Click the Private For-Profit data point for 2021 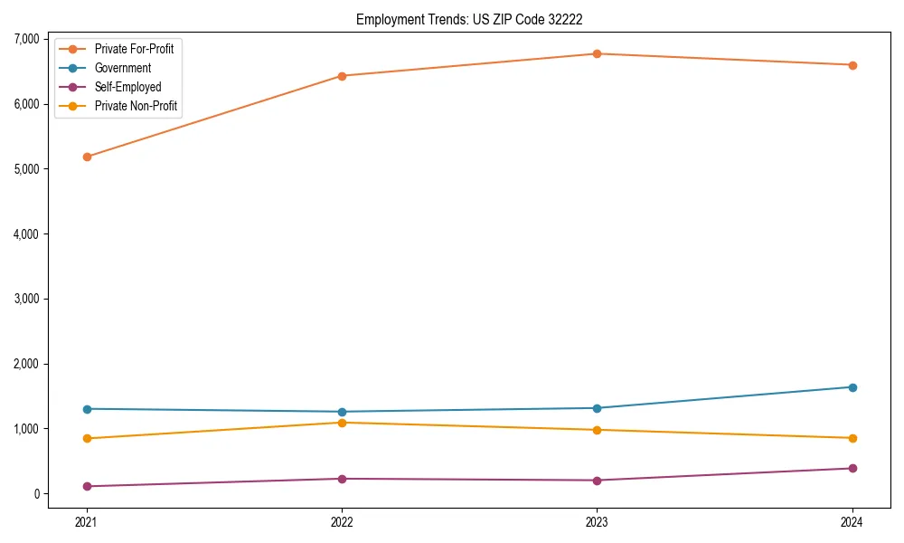[87, 157]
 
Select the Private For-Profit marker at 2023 [597, 53]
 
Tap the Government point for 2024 [852, 387]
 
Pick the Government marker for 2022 [342, 412]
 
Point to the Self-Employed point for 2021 [87, 486]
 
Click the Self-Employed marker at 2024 [852, 468]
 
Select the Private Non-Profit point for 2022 [342, 423]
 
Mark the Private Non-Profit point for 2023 [597, 430]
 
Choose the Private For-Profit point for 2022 [342, 76]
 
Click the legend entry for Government [122, 68]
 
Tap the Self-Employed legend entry [127, 87]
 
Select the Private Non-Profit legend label [136, 107]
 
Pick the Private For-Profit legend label [134, 49]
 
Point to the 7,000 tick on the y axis [26, 39]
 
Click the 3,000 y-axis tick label [26, 299]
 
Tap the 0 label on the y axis [36, 493]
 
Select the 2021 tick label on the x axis [87, 521]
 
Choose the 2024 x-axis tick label [852, 521]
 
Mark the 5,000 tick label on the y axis [26, 169]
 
